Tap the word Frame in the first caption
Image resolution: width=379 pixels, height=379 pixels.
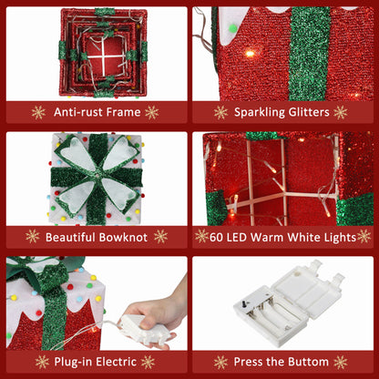pos(124,112)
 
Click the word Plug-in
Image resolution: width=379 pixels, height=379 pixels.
pos(77,361)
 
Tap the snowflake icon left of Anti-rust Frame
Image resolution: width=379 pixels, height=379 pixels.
pos(38,112)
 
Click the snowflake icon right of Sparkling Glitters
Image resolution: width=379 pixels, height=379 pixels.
pos(341,112)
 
